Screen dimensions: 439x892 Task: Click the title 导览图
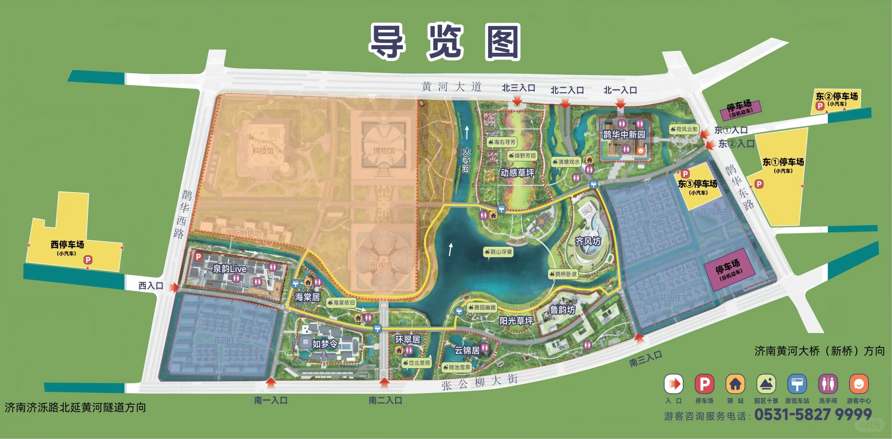click(445, 42)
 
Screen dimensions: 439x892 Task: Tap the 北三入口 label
click(518, 88)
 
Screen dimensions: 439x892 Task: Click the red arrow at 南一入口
click(271, 382)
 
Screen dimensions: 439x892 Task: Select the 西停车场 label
click(67, 245)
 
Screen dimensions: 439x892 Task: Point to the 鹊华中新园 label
click(624, 135)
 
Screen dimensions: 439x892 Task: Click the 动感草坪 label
click(517, 173)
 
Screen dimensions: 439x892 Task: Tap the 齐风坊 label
click(588, 241)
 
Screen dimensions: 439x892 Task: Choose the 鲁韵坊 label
click(563, 310)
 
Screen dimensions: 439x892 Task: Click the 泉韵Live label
click(230, 269)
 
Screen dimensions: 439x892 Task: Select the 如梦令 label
click(325, 344)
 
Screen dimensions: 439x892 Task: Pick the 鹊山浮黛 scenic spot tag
click(498, 252)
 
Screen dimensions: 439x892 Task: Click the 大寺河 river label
click(466, 160)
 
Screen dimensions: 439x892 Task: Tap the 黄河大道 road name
click(451, 87)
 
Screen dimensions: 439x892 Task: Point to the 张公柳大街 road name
click(480, 382)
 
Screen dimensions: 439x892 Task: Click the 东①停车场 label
click(783, 162)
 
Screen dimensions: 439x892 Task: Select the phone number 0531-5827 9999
click(813, 415)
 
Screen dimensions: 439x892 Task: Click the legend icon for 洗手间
click(828, 384)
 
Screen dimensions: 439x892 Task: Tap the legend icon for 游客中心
click(859, 384)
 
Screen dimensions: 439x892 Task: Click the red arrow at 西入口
click(174, 287)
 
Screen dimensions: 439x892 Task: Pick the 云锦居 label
click(467, 350)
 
